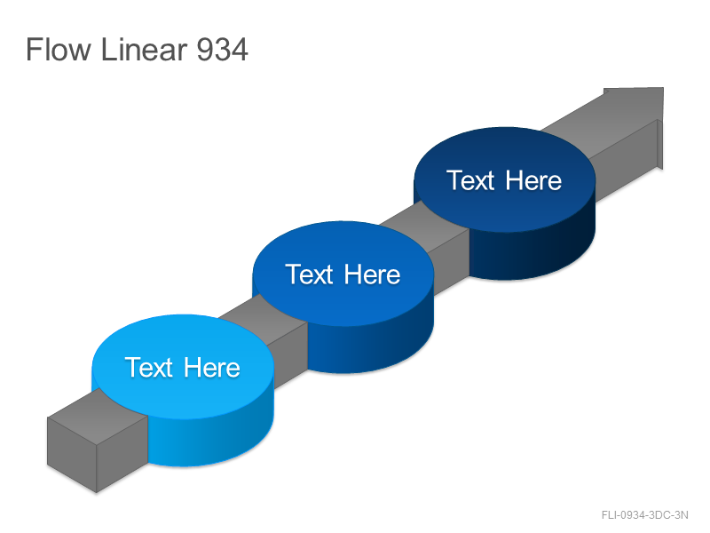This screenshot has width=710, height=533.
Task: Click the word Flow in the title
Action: pos(59,49)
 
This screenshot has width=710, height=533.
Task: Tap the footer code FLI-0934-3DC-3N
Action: pos(645,515)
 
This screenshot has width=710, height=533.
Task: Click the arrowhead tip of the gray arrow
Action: pos(663,88)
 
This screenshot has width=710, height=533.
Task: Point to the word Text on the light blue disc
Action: pos(151,367)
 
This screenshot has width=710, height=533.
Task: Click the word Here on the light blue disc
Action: pos(212,367)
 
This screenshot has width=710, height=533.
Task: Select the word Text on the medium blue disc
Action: pos(312,274)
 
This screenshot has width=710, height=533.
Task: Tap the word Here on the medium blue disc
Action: pos(372,274)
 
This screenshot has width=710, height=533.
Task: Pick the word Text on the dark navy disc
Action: pos(472,180)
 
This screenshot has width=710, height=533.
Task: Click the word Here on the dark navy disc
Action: pos(533,180)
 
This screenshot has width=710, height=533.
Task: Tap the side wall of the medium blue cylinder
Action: pos(371,346)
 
